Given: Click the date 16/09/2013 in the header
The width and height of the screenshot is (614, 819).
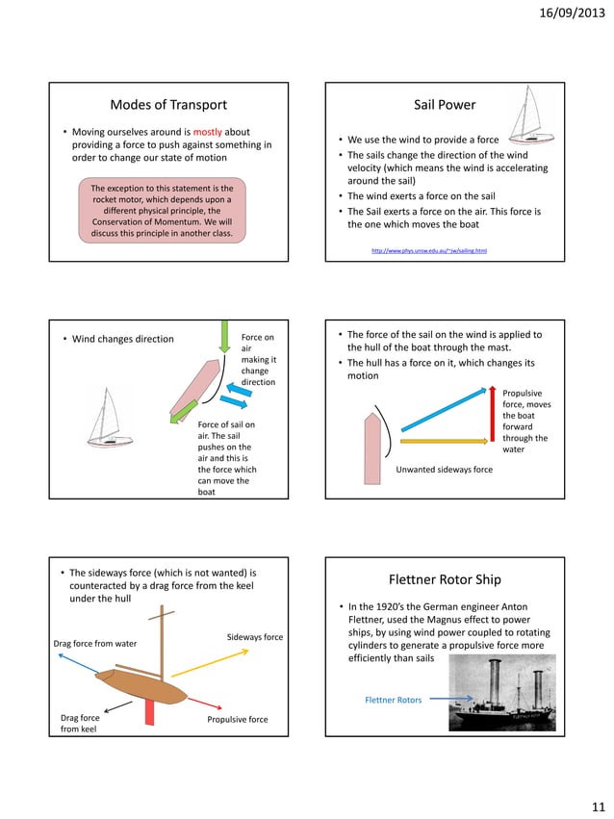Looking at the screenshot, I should pyautogui.click(x=565, y=13).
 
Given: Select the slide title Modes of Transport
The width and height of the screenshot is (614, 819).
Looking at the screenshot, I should pyautogui.click(x=168, y=105).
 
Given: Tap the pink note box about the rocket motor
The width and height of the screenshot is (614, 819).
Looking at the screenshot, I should pyautogui.click(x=163, y=210).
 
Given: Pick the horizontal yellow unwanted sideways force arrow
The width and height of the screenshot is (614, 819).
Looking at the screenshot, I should pyautogui.click(x=445, y=441).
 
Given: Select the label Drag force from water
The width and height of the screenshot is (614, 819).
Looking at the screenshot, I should pyautogui.click(x=95, y=644).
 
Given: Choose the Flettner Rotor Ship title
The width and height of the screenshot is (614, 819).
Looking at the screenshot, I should pyautogui.click(x=445, y=580).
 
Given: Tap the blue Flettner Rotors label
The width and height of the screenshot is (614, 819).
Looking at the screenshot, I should pyautogui.click(x=393, y=700).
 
